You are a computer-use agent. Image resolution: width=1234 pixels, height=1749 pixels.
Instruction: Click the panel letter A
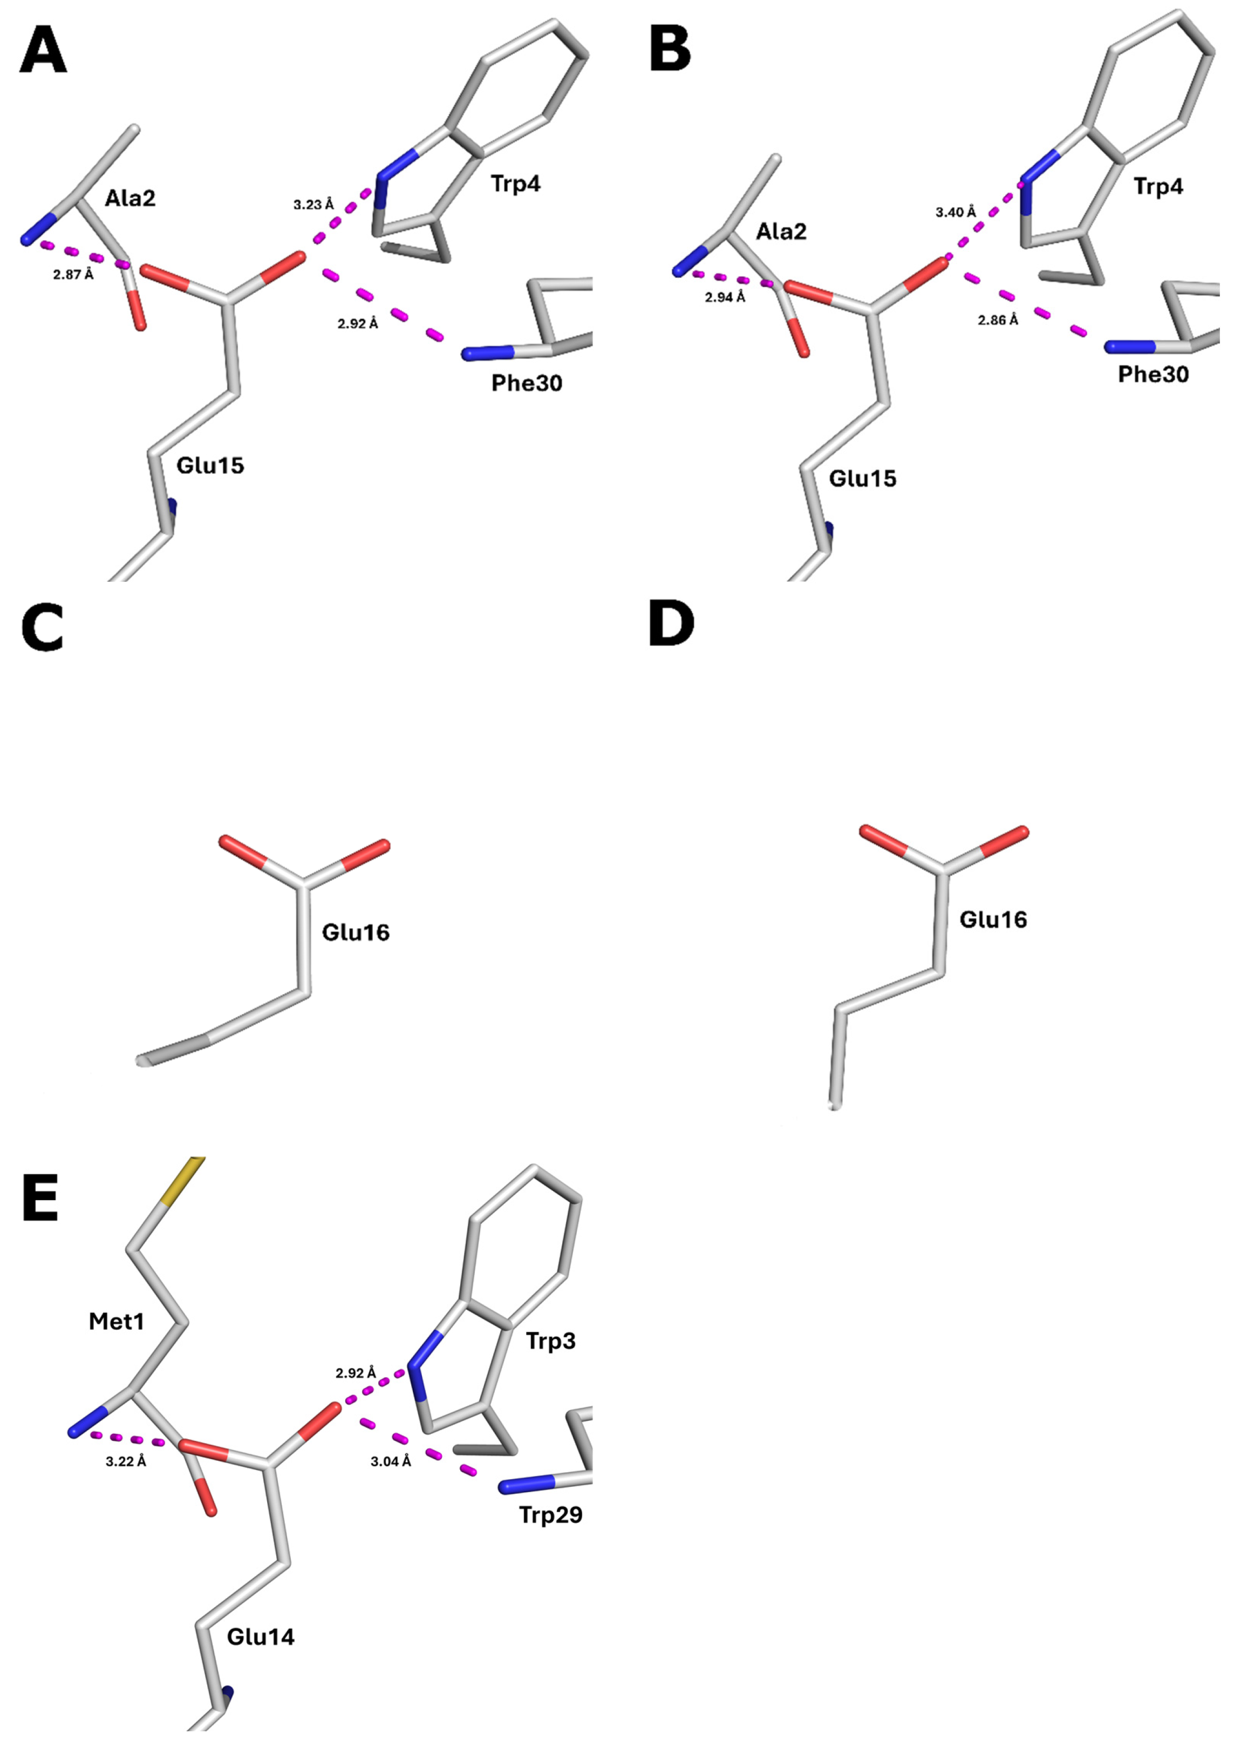(43, 50)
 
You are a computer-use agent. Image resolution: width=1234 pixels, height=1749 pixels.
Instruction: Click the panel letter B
(670, 50)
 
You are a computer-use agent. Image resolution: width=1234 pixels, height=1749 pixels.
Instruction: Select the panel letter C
(43, 630)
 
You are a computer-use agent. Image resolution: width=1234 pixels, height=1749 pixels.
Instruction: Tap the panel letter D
(670, 625)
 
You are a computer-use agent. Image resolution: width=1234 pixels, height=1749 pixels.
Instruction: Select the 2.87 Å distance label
(73, 274)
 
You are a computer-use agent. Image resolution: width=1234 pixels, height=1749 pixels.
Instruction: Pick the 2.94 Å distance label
(725, 297)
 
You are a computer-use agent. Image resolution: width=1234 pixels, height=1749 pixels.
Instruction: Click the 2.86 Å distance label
(998, 320)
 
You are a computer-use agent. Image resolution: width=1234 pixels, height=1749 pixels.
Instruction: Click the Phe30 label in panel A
(527, 383)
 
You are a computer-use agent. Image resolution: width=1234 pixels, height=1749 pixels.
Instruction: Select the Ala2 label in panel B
(781, 231)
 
